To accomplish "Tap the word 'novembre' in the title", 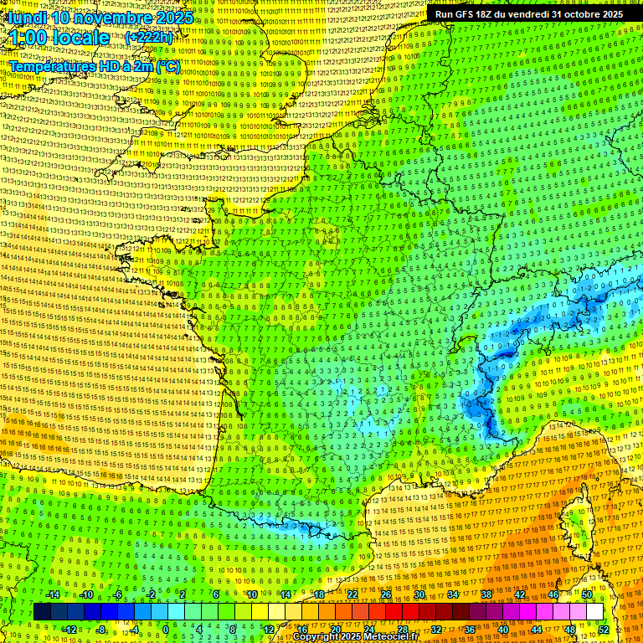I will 114,17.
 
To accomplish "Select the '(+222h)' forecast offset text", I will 151,38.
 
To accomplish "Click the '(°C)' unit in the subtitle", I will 165,65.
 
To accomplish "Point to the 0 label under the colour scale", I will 165,630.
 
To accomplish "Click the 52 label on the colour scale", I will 604,630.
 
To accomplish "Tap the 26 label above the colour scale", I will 386,594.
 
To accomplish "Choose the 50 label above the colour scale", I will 587,594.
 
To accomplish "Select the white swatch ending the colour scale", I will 594,612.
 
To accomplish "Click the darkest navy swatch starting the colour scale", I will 42,612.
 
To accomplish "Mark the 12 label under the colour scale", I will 269,630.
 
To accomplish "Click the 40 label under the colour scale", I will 503,630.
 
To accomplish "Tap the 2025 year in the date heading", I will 170,17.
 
